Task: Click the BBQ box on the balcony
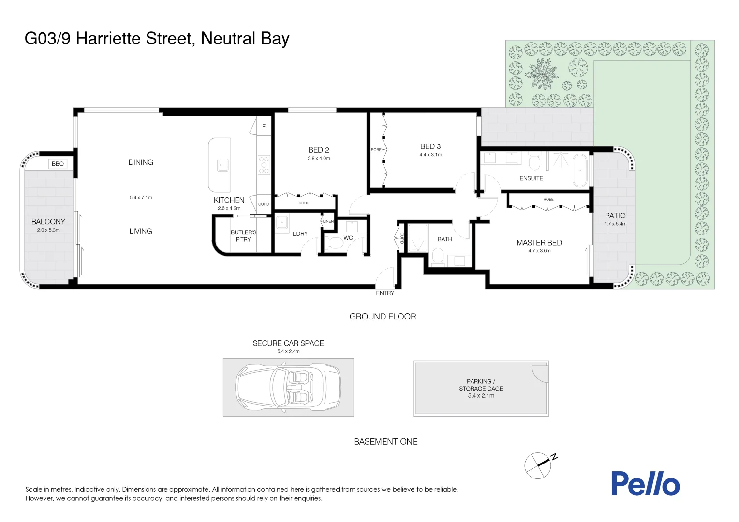coord(58,164)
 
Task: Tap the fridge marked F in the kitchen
coord(264,127)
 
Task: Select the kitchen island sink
coord(222,165)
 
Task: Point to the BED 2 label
coord(319,150)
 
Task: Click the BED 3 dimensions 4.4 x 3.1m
coord(430,155)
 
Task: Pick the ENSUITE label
coord(531,178)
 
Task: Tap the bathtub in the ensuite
coord(580,170)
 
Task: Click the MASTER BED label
coord(539,243)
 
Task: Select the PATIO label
coord(615,216)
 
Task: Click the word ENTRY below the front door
coord(385,293)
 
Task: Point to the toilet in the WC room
coord(335,243)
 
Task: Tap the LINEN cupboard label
coord(328,221)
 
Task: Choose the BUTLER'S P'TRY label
coord(243,236)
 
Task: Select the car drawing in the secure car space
coord(288,387)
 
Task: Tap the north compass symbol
coord(539,465)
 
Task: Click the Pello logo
coord(645,483)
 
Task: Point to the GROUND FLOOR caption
coord(383,317)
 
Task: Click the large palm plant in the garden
coord(542,74)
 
